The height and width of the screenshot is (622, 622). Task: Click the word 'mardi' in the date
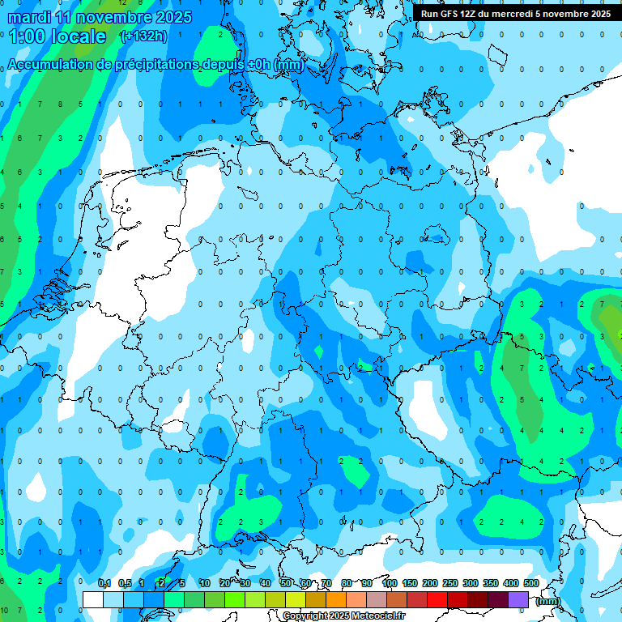29,17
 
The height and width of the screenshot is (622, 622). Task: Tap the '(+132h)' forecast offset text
143,36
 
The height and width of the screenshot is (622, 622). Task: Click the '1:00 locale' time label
58,36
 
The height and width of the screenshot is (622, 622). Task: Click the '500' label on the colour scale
530,583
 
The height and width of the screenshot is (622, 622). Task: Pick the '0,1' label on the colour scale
104,583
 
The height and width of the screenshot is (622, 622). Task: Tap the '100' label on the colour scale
389,583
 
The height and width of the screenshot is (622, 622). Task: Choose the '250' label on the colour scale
450,583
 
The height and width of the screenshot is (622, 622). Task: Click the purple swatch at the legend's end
518,599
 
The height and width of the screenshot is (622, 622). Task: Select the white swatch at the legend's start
93,599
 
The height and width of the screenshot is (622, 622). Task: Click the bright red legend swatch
437,599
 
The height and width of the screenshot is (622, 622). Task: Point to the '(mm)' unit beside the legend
548,601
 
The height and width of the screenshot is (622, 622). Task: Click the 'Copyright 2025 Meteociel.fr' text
343,616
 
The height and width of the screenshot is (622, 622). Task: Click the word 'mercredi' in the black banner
509,14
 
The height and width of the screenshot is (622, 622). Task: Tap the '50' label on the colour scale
286,583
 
